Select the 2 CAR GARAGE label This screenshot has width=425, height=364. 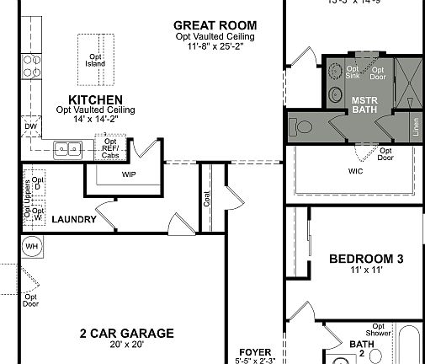pos(126,334)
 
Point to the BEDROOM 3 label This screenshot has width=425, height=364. pos(366,259)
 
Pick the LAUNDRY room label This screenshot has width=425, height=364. pos(73,220)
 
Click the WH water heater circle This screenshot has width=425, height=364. pos(32,247)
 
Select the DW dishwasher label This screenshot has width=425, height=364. pos(30,127)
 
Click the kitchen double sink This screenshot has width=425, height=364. pos(66,150)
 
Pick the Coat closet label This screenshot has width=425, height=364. pos(207,200)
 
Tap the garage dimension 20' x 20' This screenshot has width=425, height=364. pos(126,345)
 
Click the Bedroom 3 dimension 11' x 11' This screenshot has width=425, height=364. pos(366,270)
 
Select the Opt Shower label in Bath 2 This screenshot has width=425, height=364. pos(379,330)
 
